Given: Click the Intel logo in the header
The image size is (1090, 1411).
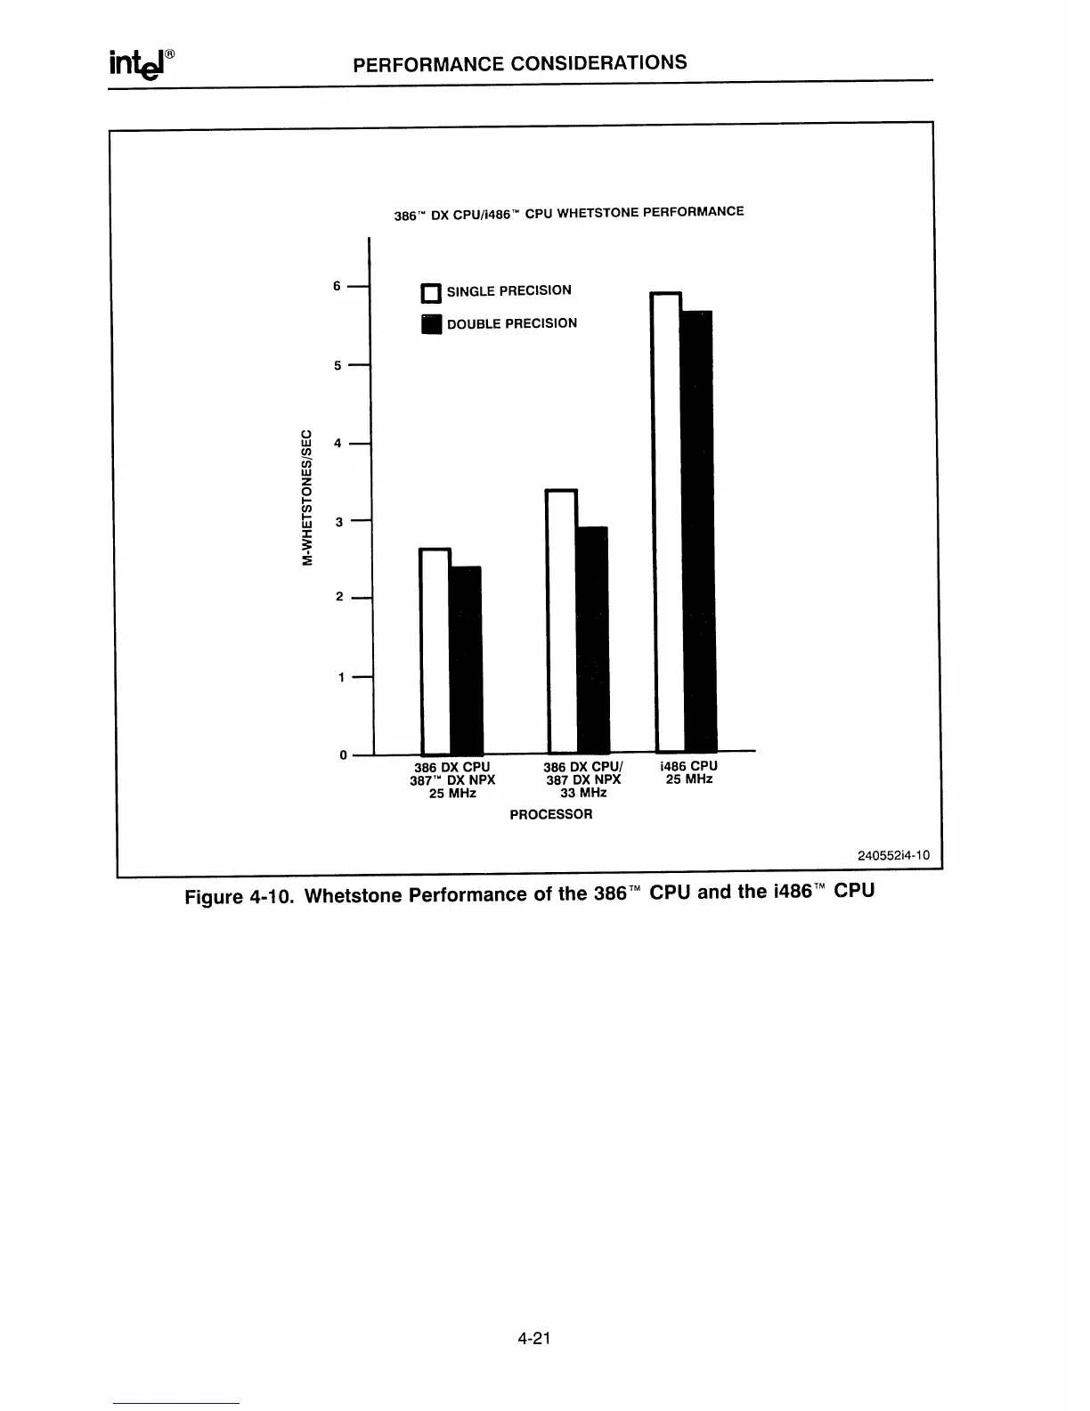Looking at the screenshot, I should [140, 65].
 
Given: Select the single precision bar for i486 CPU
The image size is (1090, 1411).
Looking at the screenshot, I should [667, 521].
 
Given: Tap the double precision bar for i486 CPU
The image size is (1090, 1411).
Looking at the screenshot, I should [697, 531].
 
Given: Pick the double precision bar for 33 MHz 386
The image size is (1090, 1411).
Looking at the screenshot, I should [593, 639].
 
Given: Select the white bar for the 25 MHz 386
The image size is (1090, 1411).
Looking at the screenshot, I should [435, 650].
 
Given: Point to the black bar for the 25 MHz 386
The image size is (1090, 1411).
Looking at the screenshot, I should [466, 659].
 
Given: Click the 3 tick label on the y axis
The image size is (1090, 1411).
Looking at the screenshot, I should [338, 521].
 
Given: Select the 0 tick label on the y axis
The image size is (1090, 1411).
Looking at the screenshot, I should [343, 755].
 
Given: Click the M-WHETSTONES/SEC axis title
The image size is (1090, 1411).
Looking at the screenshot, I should [307, 497].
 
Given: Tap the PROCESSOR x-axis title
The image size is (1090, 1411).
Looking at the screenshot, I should [550, 814].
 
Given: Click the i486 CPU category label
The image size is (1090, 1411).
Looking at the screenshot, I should [688, 766].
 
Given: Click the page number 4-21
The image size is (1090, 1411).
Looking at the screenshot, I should [535, 1338].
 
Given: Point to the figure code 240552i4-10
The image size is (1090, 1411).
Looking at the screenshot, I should [893, 855].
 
